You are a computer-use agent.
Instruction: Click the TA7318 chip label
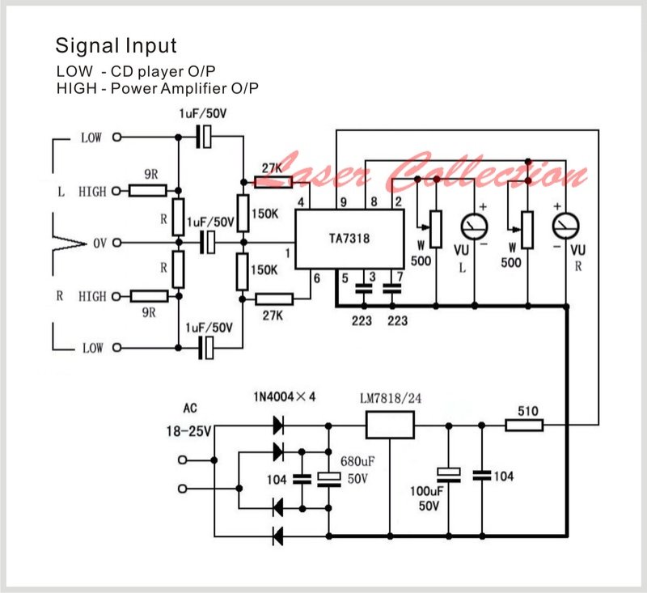(x=349, y=239)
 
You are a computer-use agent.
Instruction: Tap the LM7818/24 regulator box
(x=390, y=425)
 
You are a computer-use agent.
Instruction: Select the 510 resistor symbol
(x=524, y=425)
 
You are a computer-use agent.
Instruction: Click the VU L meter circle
(x=474, y=227)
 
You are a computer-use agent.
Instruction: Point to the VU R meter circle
(x=565, y=227)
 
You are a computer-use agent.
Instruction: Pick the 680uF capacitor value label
(x=357, y=461)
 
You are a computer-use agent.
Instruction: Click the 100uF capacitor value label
(x=427, y=491)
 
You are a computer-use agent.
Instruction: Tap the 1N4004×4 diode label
(x=285, y=397)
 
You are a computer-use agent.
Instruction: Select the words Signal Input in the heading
(x=116, y=45)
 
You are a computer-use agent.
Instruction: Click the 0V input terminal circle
(x=117, y=243)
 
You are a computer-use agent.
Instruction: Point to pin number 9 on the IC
(x=343, y=202)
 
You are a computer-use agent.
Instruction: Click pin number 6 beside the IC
(x=317, y=278)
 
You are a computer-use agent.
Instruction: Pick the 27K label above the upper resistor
(x=272, y=168)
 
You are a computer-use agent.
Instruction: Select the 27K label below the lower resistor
(x=273, y=316)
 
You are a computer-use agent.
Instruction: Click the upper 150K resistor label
(x=265, y=214)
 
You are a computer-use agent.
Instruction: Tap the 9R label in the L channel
(x=151, y=174)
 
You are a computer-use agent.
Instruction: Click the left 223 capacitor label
(x=362, y=320)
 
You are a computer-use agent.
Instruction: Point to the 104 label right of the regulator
(x=504, y=477)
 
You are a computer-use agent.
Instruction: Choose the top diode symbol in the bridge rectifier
(x=278, y=426)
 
